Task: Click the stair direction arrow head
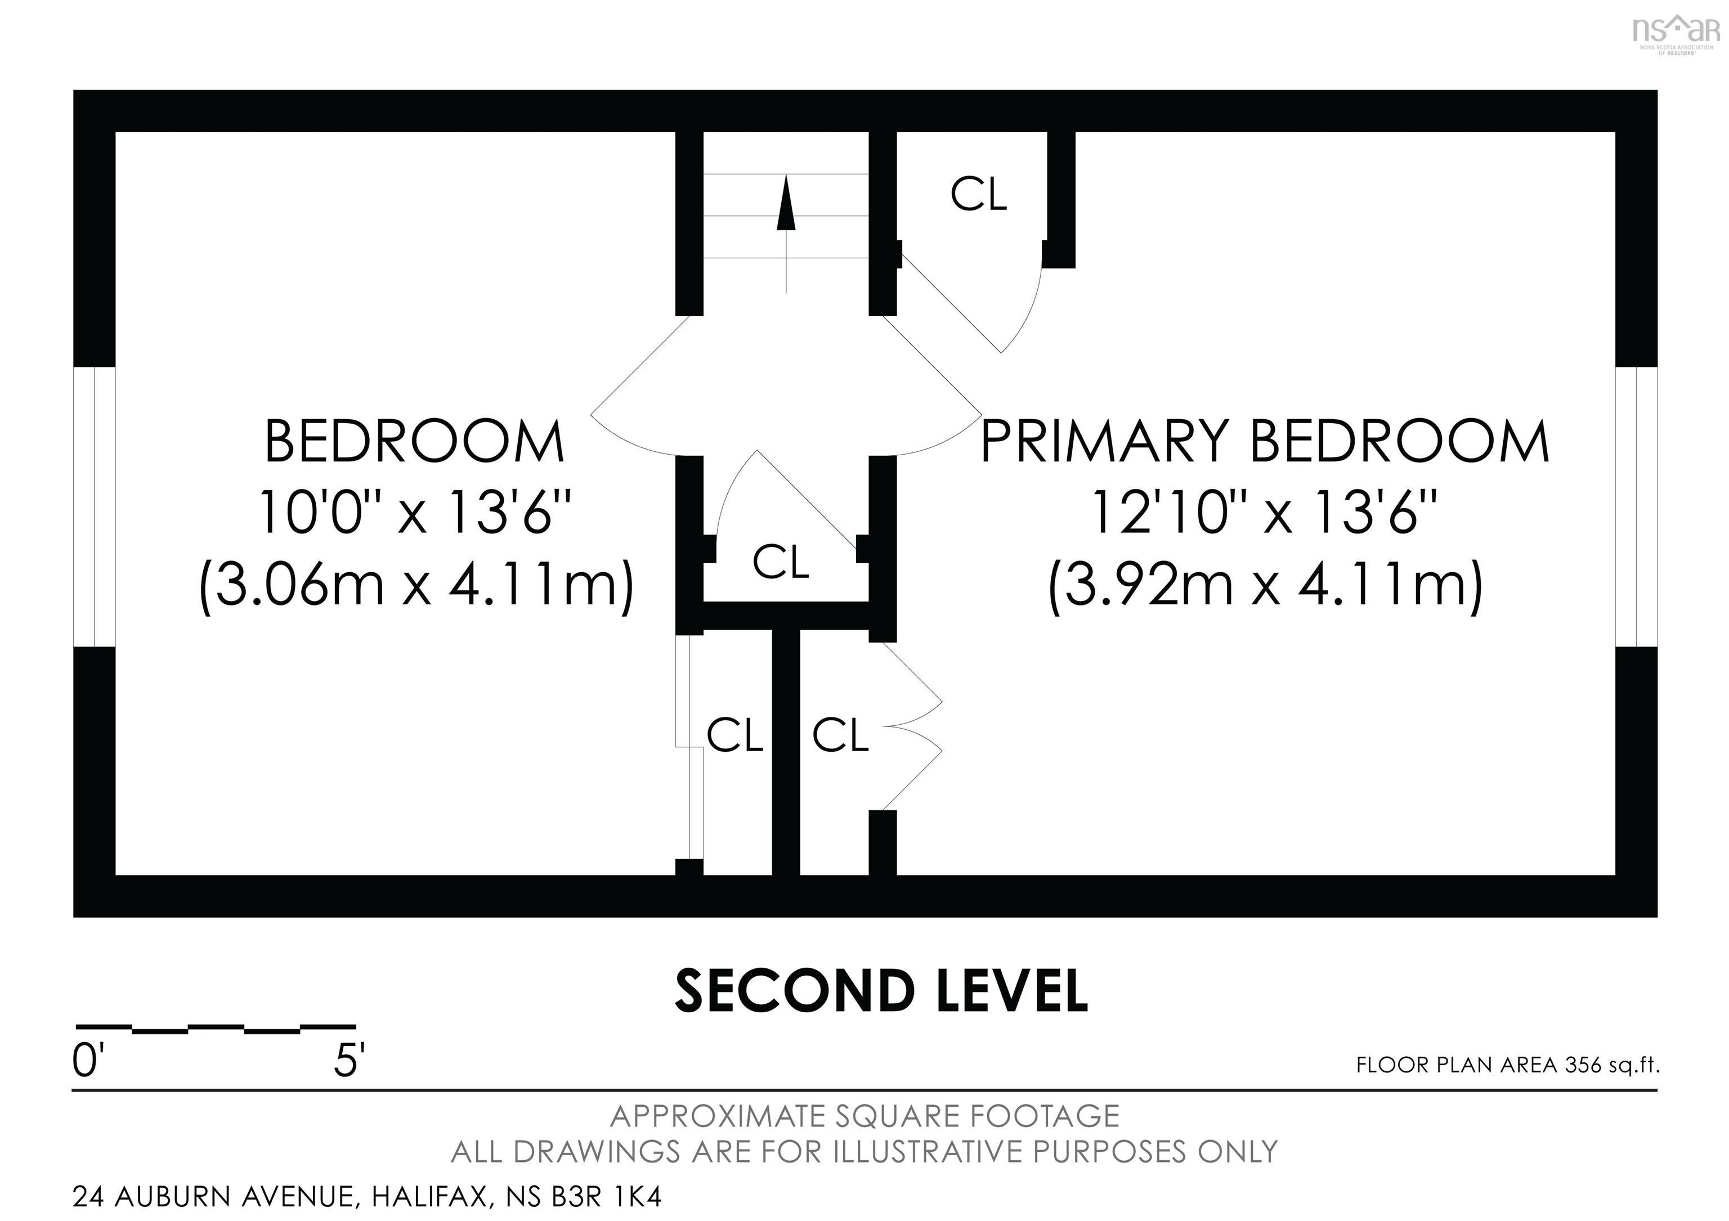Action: [786, 203]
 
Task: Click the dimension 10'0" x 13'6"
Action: [416, 513]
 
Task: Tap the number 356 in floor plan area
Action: [1582, 1065]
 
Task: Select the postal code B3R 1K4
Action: [607, 1196]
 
